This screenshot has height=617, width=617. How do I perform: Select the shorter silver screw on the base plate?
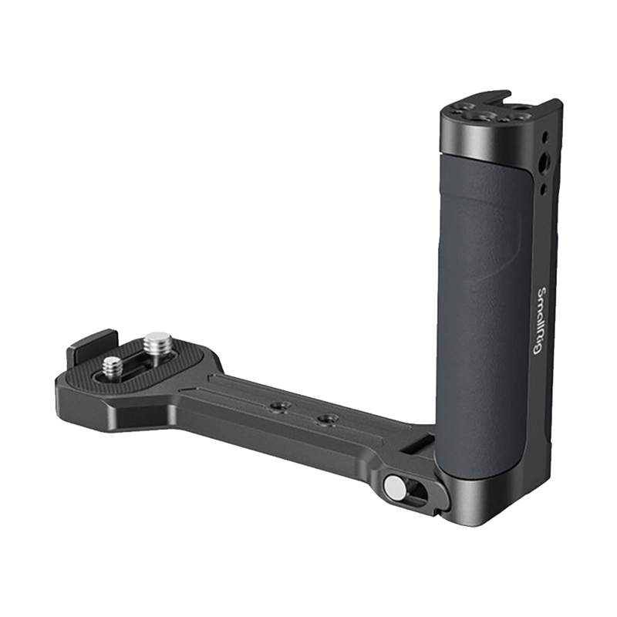(x=112, y=367)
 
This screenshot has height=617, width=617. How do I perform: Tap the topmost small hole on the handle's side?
(x=545, y=137)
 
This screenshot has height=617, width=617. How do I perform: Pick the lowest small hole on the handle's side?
(x=545, y=189)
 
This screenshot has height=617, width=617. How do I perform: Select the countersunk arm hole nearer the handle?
(x=325, y=418)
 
